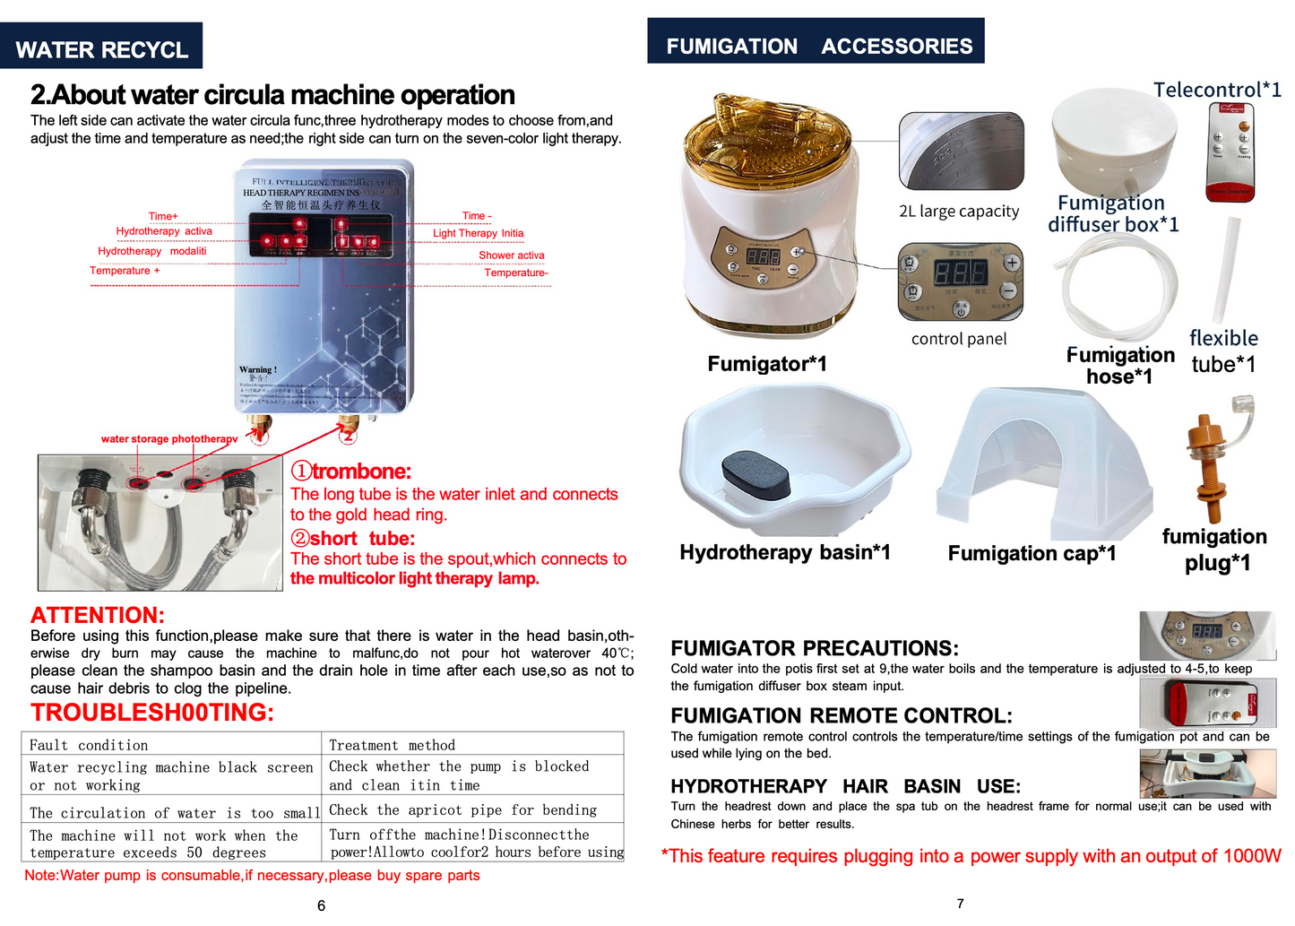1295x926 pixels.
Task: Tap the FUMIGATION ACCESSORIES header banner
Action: click(816, 44)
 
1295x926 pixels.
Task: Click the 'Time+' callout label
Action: click(163, 216)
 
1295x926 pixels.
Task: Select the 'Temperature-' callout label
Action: click(515, 273)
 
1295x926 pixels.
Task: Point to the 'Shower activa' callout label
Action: click(511, 255)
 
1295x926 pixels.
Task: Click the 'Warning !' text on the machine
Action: click(258, 369)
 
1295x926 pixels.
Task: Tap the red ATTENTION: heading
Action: click(98, 615)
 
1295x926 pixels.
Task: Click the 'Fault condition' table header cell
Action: click(89, 745)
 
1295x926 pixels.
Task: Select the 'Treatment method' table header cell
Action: click(392, 745)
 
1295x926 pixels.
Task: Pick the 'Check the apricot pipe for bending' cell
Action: click(462, 809)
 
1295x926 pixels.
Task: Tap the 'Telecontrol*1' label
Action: click(1216, 90)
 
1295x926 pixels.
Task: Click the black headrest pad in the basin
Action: click(755, 474)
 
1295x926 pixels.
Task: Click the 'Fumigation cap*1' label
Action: click(1032, 553)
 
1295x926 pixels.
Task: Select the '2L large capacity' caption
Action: click(959, 212)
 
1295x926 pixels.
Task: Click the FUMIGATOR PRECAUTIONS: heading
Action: click(814, 648)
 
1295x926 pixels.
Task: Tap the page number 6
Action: click(321, 905)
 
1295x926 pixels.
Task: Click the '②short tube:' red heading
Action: click(352, 538)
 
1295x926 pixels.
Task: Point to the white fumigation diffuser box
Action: click(1114, 139)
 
